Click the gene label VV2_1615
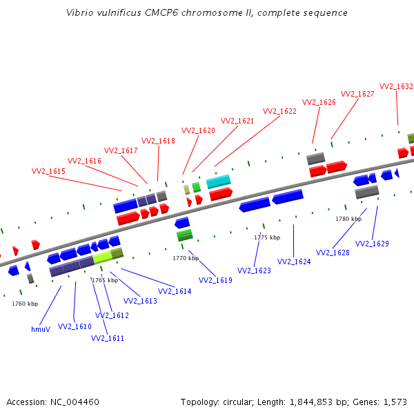pyautogui.click(x=48, y=171)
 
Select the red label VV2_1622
pyautogui.click(x=279, y=111)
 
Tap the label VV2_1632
pyautogui.click(x=396, y=86)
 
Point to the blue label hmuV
pyautogui.click(x=41, y=329)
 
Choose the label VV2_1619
pyautogui.click(x=215, y=280)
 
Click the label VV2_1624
pyautogui.click(x=294, y=262)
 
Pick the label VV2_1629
pyautogui.click(x=372, y=244)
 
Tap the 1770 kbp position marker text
pyautogui.click(x=186, y=258)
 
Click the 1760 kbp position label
pyautogui.click(x=25, y=304)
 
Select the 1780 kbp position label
pyautogui.click(x=348, y=219)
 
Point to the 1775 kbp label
pyautogui.click(x=267, y=237)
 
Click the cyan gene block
pyautogui.click(x=218, y=181)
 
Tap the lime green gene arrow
pyautogui.click(x=102, y=257)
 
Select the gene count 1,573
pyautogui.click(x=395, y=402)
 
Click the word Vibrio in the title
pyautogui.click(x=80, y=13)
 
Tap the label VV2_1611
pyautogui.click(x=107, y=338)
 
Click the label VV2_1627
pyautogui.click(x=357, y=94)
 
